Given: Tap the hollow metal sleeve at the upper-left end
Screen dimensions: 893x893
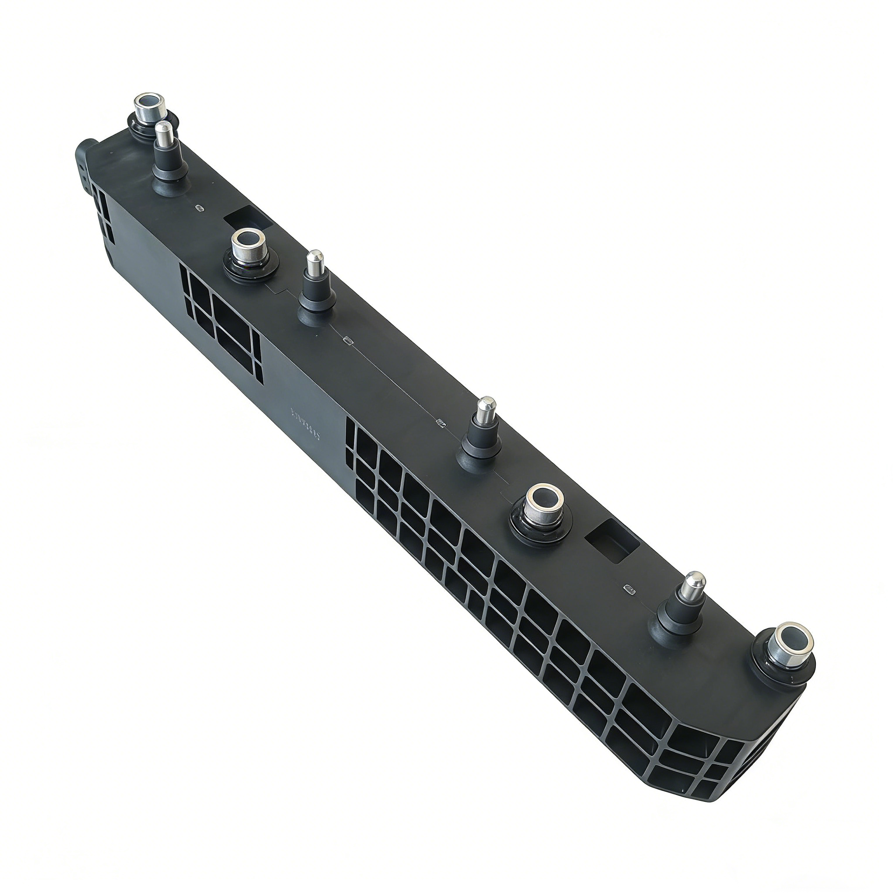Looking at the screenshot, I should (149, 108).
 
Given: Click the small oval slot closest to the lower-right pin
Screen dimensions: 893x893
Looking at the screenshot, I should (630, 588).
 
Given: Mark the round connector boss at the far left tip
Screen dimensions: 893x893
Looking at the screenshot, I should (85, 157).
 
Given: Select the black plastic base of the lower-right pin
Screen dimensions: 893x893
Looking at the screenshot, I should (678, 622).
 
